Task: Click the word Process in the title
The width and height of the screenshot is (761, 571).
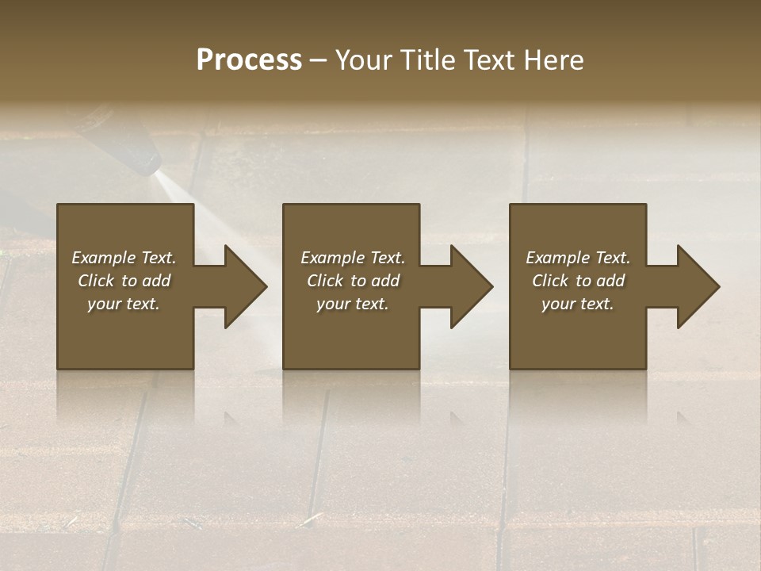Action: click(x=249, y=60)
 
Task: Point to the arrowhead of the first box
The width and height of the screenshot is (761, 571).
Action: click(x=245, y=286)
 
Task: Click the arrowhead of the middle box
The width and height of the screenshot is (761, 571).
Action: click(x=471, y=286)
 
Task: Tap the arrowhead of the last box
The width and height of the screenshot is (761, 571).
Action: click(x=698, y=286)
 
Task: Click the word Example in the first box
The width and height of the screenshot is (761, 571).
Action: click(x=103, y=258)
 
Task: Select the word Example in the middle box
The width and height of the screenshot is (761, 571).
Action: click(x=332, y=258)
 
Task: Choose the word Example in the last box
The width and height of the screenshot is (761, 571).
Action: click(x=557, y=258)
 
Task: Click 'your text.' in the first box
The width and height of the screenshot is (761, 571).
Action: click(x=124, y=304)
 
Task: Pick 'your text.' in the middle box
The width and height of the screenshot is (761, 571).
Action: click(x=353, y=304)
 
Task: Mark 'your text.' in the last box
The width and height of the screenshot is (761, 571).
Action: click(x=578, y=304)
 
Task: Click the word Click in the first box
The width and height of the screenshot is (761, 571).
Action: click(x=95, y=281)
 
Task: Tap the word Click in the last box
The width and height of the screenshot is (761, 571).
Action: click(x=550, y=281)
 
